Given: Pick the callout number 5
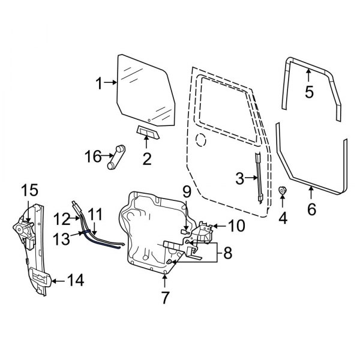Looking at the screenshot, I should click(309, 92).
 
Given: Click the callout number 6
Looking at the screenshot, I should click(311, 209).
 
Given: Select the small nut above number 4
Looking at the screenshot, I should click(283, 191).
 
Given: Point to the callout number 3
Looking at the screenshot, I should click(240, 178).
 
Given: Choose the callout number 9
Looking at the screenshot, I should click(187, 193).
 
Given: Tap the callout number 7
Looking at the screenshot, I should click(164, 297).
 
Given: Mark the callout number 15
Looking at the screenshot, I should click(29, 191).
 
